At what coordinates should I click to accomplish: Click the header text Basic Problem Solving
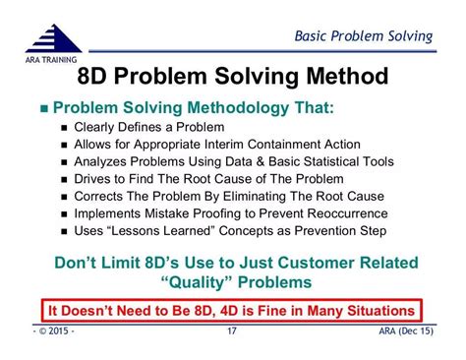click(x=365, y=37)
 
